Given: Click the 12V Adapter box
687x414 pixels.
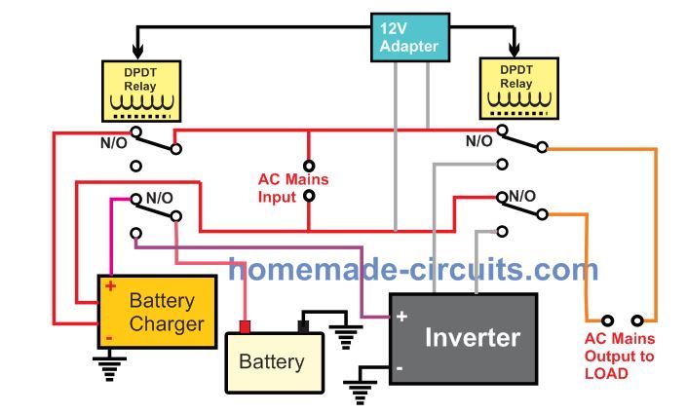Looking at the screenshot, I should (410, 36).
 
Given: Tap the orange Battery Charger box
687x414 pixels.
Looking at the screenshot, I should (156, 311).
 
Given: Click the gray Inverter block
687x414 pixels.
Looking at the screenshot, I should (463, 337).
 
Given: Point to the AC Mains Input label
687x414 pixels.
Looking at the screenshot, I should (292, 188).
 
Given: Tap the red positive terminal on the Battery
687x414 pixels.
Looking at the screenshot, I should (246, 326).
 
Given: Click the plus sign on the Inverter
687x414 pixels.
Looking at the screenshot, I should (401, 316).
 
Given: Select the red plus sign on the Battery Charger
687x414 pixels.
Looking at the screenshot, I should (110, 286).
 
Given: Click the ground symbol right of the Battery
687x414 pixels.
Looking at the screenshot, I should (345, 336).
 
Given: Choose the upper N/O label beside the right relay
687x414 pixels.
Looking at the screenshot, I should (478, 140).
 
